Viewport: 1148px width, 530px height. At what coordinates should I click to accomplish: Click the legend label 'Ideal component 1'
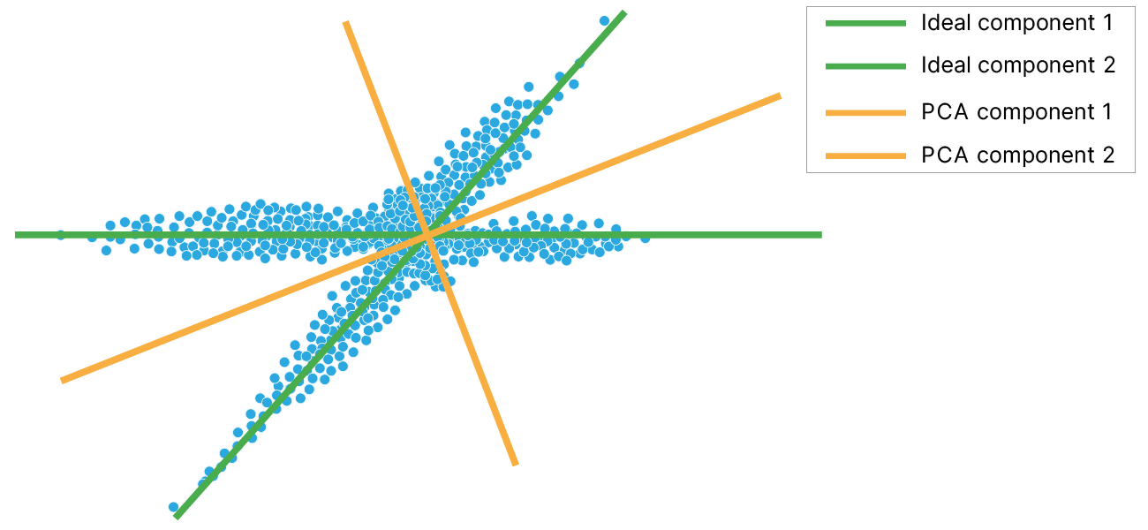coord(1016,24)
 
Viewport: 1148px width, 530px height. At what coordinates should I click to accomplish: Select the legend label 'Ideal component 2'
coord(1017,66)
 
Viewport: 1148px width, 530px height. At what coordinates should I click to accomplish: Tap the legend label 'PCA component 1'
coord(1016,112)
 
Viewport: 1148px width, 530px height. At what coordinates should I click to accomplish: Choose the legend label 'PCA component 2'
coord(1017,155)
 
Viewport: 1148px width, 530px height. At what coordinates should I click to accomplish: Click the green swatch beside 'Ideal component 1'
coord(866,24)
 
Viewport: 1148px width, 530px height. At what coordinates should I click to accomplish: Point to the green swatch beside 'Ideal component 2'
coord(866,66)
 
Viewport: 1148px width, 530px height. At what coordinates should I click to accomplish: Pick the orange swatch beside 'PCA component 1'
coord(866,112)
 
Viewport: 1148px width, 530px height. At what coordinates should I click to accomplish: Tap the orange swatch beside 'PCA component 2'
coord(866,155)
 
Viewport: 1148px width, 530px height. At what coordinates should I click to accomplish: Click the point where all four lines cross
coord(427,234)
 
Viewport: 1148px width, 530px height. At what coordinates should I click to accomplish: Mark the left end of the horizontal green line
coord(16,235)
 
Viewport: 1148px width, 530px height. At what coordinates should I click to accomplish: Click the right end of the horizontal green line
coord(821,235)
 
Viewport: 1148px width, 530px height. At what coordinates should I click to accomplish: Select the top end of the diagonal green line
coord(624,12)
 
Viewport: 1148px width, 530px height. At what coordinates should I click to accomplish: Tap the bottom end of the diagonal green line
coord(177,517)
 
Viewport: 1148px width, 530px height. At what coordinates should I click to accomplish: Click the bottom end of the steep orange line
coord(516,464)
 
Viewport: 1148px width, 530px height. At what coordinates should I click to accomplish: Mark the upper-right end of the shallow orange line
coord(781,95)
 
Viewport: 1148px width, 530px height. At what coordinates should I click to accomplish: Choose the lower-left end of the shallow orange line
coord(61,381)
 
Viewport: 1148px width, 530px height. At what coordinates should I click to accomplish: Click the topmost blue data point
coord(605,20)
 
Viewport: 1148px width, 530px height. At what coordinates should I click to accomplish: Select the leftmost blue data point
coord(60,235)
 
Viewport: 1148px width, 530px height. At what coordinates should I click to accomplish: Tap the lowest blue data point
coord(174,507)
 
